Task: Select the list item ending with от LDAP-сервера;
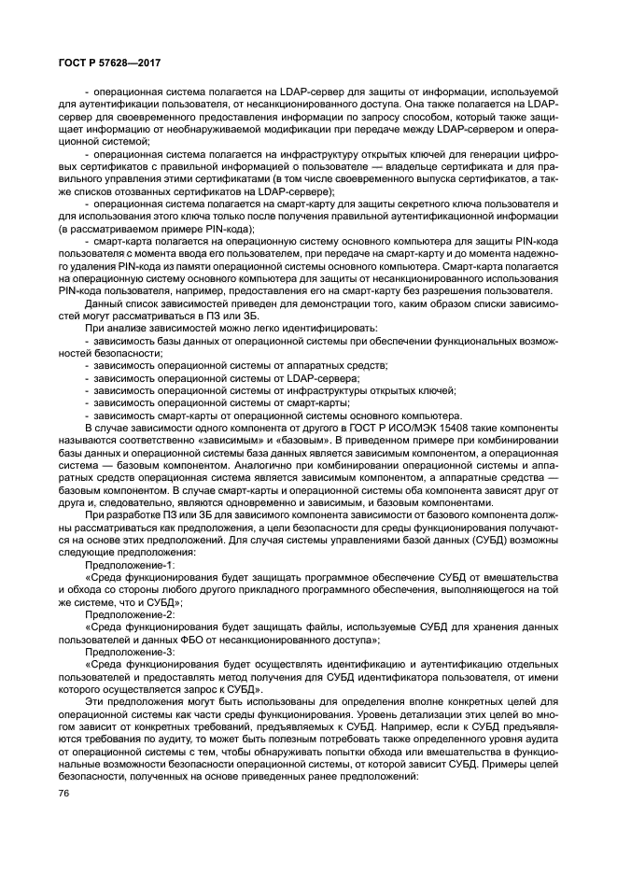(x=222, y=378)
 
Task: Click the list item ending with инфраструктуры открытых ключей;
(x=270, y=390)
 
